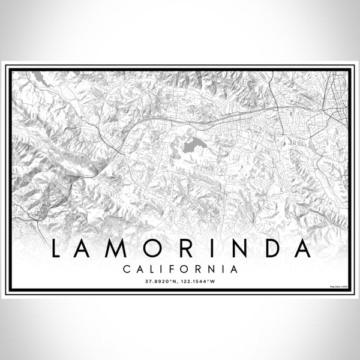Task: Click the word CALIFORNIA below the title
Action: tap(180, 269)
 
